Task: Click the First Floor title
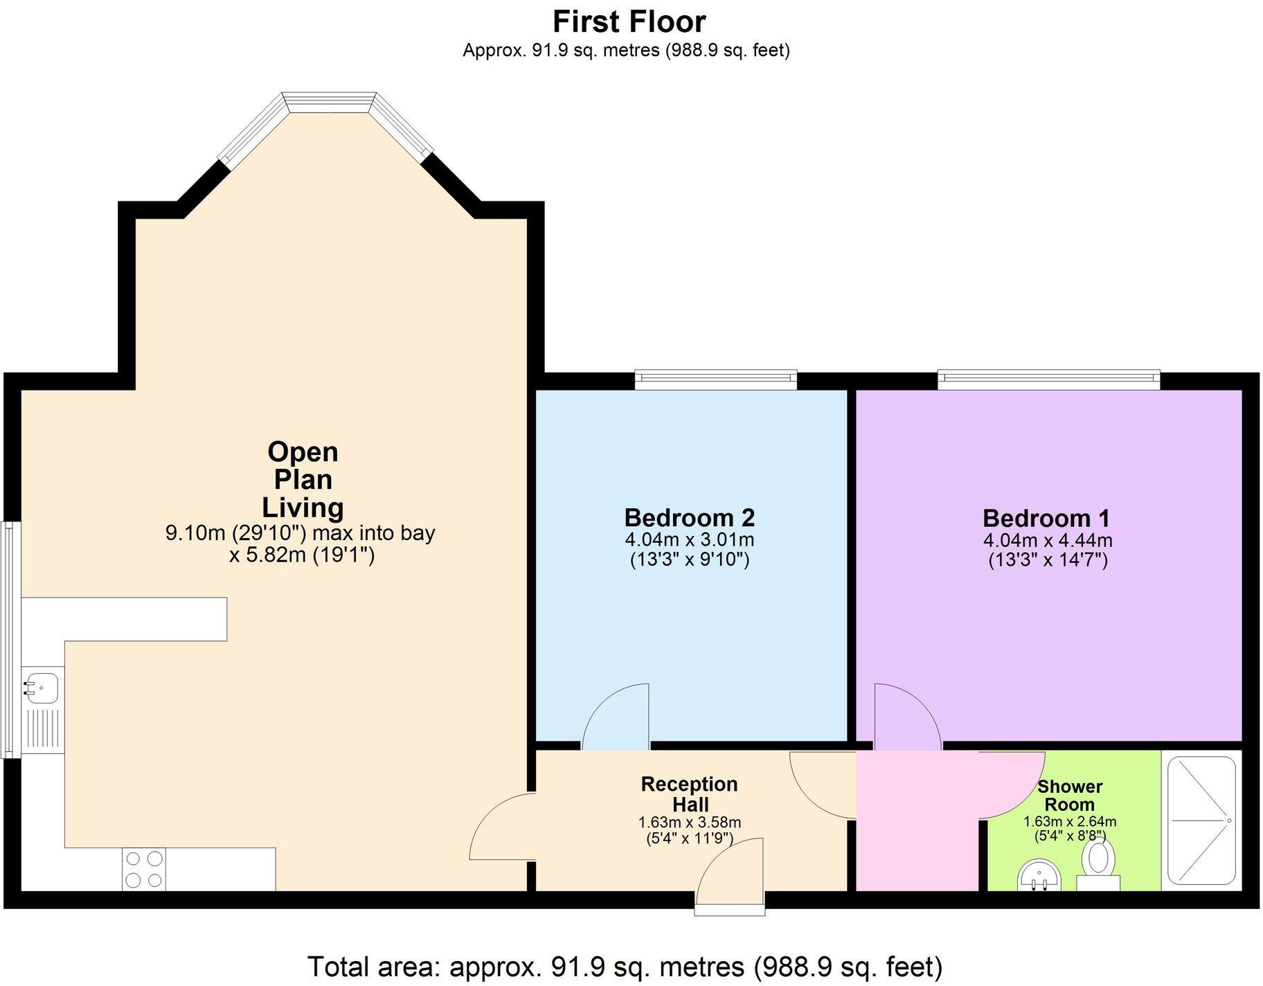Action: pyautogui.click(x=629, y=21)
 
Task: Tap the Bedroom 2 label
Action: pyautogui.click(x=689, y=517)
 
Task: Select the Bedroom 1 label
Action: pyautogui.click(x=1046, y=518)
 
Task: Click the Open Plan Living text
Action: pyautogui.click(x=303, y=479)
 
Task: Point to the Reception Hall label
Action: pyautogui.click(x=690, y=794)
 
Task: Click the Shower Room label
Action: pyautogui.click(x=1069, y=796)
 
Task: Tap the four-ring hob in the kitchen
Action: pyautogui.click(x=145, y=869)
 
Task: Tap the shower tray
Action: pyautogui.click(x=1201, y=821)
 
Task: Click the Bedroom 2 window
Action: pyautogui.click(x=716, y=378)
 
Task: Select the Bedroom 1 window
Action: pyautogui.click(x=1048, y=378)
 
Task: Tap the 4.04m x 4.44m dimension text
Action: pyautogui.click(x=1048, y=540)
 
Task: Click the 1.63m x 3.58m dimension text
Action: pyautogui.click(x=690, y=823)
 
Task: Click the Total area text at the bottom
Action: pyautogui.click(x=625, y=966)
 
